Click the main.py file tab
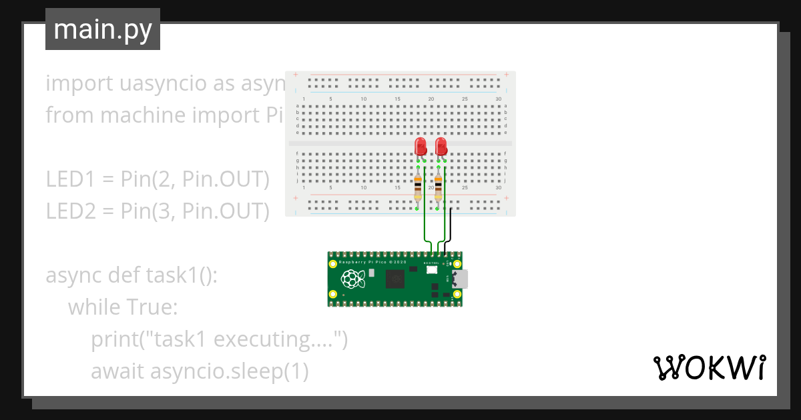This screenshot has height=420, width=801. pyautogui.click(x=102, y=30)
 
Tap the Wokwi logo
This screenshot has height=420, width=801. pyautogui.click(x=709, y=367)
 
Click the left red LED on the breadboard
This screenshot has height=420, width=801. pyautogui.click(x=421, y=146)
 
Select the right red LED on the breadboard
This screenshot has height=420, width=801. pyautogui.click(x=441, y=146)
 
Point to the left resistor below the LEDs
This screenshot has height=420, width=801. pyautogui.click(x=418, y=187)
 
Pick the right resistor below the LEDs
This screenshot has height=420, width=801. pyautogui.click(x=439, y=187)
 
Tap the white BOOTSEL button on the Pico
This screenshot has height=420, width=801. pyautogui.click(x=431, y=269)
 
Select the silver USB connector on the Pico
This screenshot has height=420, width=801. pyautogui.click(x=461, y=279)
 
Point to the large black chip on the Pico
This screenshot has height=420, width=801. pyautogui.click(x=395, y=280)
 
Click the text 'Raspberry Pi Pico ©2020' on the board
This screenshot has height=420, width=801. pyautogui.click(x=372, y=263)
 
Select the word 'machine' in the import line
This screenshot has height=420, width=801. pyautogui.click(x=143, y=115)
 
